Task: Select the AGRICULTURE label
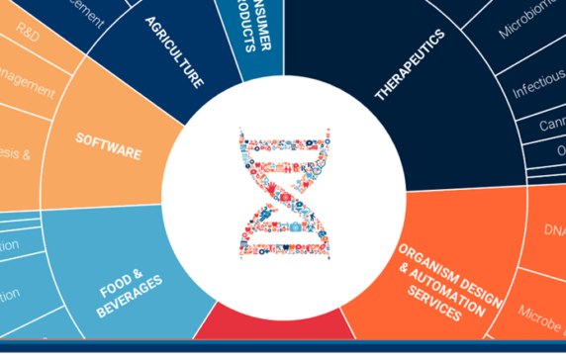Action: tap(175, 51)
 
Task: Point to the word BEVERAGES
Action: tap(130, 304)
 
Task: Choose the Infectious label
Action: tap(537, 90)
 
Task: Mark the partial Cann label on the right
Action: tap(549, 127)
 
